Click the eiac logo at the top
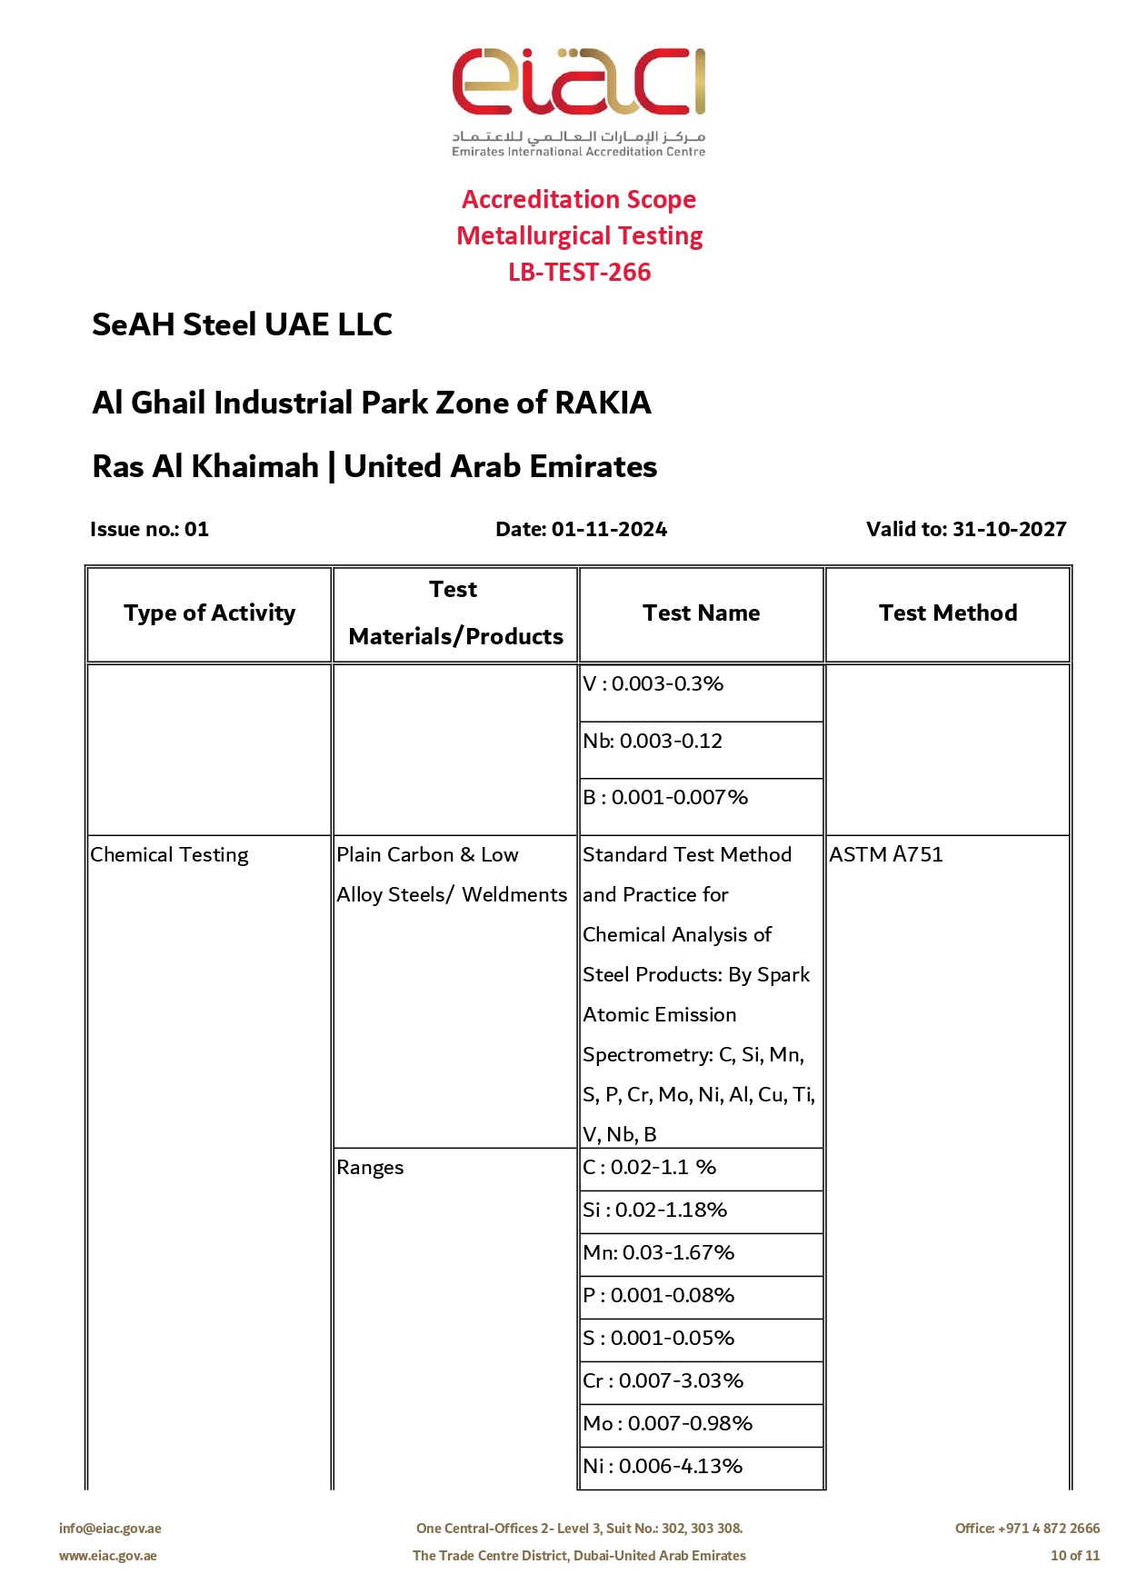tap(579, 100)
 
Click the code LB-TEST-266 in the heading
tap(579, 273)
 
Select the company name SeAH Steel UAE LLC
tap(242, 324)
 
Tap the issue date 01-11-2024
tap(609, 529)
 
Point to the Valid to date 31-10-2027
tap(1009, 529)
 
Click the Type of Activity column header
tap(210, 613)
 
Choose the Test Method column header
tap(948, 613)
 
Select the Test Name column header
tap(701, 613)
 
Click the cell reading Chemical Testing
tap(169, 855)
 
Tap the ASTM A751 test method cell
tap(886, 855)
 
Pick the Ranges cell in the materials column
tap(370, 1168)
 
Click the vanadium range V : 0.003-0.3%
tap(653, 684)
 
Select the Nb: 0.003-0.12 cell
tap(653, 742)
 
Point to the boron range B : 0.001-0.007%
tap(665, 798)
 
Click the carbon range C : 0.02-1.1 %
tap(650, 1168)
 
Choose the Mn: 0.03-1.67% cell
tap(658, 1253)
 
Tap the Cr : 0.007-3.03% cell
tap(663, 1381)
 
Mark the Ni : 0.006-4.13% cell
tap(663, 1467)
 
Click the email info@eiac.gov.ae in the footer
tap(110, 1529)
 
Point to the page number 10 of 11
tap(1074, 1556)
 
